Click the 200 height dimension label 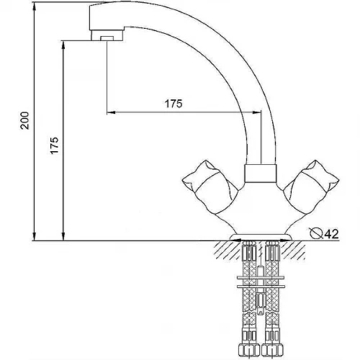24,120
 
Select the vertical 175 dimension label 54,145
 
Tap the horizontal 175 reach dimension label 174,104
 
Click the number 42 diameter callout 331,234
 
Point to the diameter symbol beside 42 316,233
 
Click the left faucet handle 210,187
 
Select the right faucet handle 311,187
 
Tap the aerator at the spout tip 107,35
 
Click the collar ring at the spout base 261,174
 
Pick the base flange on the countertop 261,238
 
